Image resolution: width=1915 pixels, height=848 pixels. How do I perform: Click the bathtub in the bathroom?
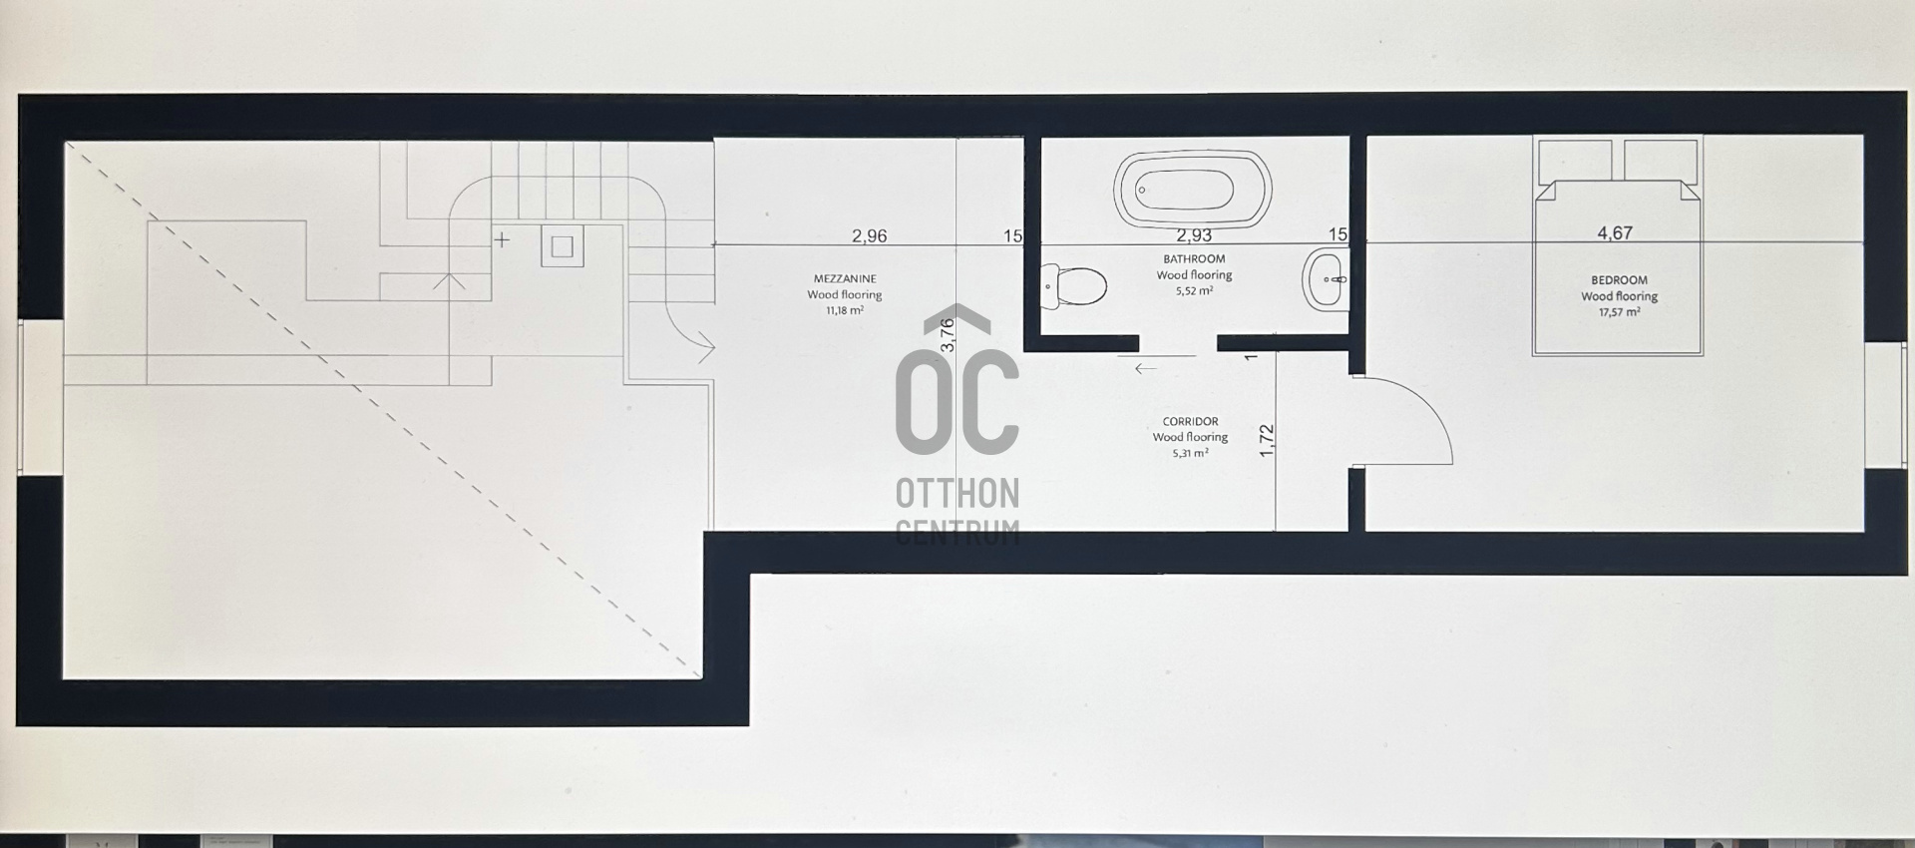(x=1191, y=190)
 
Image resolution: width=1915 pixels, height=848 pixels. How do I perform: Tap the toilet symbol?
(x=1073, y=286)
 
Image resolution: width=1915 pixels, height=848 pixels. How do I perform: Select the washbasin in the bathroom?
(x=1326, y=280)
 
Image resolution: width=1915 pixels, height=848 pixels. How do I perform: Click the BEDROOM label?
(x=1619, y=280)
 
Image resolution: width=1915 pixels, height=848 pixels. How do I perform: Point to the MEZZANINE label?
(x=845, y=279)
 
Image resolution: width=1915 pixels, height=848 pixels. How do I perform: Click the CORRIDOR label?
(x=1190, y=421)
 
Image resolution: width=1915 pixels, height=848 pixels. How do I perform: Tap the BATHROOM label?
(x=1194, y=259)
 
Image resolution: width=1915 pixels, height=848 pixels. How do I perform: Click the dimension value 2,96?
(x=869, y=236)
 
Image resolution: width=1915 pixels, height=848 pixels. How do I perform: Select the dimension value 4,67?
(x=1615, y=233)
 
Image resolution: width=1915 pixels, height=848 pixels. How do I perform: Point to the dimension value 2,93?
(x=1194, y=235)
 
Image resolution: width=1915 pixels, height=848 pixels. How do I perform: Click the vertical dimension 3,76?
(x=948, y=334)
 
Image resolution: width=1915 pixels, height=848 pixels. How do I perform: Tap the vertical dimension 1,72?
(x=1267, y=441)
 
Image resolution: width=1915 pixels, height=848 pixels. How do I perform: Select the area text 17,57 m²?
(x=1619, y=312)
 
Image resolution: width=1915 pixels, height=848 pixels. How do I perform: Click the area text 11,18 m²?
(x=845, y=310)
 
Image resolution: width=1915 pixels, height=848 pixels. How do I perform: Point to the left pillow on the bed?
(x=1575, y=161)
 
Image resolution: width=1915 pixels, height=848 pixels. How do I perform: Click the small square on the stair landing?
(x=563, y=245)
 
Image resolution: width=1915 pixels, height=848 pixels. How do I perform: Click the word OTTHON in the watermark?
(x=957, y=493)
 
